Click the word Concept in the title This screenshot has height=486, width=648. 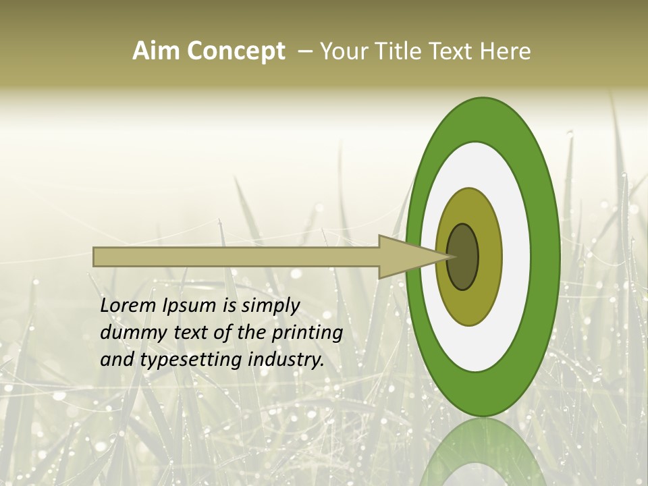click(236, 51)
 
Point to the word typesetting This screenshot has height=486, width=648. click(192, 360)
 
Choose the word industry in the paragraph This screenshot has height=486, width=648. click(286, 360)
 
